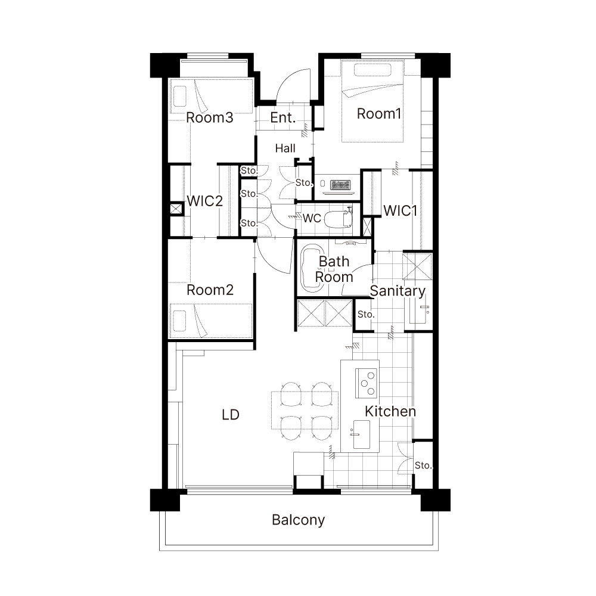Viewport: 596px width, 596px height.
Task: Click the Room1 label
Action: coord(379,114)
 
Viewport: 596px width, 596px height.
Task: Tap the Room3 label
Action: coord(209,117)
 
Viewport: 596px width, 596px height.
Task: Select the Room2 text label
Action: coord(210,290)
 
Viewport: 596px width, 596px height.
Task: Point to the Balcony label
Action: coord(299,520)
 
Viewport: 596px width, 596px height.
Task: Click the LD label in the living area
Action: coord(231,415)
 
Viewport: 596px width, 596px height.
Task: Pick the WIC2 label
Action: coord(204,201)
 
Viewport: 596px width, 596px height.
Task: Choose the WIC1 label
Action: coord(401,210)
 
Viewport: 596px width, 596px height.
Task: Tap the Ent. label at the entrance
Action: coord(283,118)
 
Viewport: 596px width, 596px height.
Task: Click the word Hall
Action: coord(285,148)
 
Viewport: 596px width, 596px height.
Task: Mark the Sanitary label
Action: coord(398,291)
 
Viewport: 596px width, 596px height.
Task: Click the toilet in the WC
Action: coord(339,219)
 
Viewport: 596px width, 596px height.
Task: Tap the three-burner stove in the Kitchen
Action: coord(367,383)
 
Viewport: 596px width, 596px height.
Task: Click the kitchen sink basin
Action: coord(362,434)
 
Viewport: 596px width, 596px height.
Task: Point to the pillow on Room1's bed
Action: coord(373,70)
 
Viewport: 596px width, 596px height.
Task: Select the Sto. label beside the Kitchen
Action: coord(423,465)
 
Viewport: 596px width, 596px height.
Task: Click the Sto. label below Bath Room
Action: coord(366,314)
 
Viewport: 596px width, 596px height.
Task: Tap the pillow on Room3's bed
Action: coord(180,96)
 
